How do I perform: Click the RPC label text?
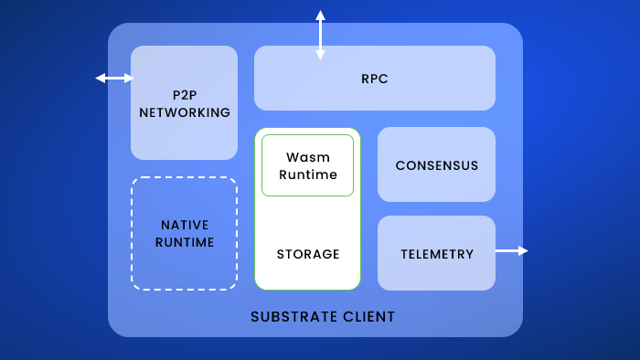tap(375, 79)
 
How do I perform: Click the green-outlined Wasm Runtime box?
tap(307, 165)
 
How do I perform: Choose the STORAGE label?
tap(308, 254)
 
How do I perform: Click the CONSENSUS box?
tap(436, 165)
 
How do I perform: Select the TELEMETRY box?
tap(436, 254)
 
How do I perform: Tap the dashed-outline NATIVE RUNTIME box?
tap(185, 233)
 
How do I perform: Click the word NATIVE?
tap(185, 225)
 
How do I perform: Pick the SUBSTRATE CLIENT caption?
tap(323, 317)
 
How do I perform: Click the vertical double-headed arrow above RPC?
tap(320, 35)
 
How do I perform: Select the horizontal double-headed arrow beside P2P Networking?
tap(114, 79)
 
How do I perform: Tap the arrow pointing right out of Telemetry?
tap(512, 250)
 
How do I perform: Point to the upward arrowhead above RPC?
tap(320, 15)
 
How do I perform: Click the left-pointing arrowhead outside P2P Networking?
tap(100, 79)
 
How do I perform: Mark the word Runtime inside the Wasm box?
tap(308, 175)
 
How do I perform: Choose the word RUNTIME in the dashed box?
tap(185, 242)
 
